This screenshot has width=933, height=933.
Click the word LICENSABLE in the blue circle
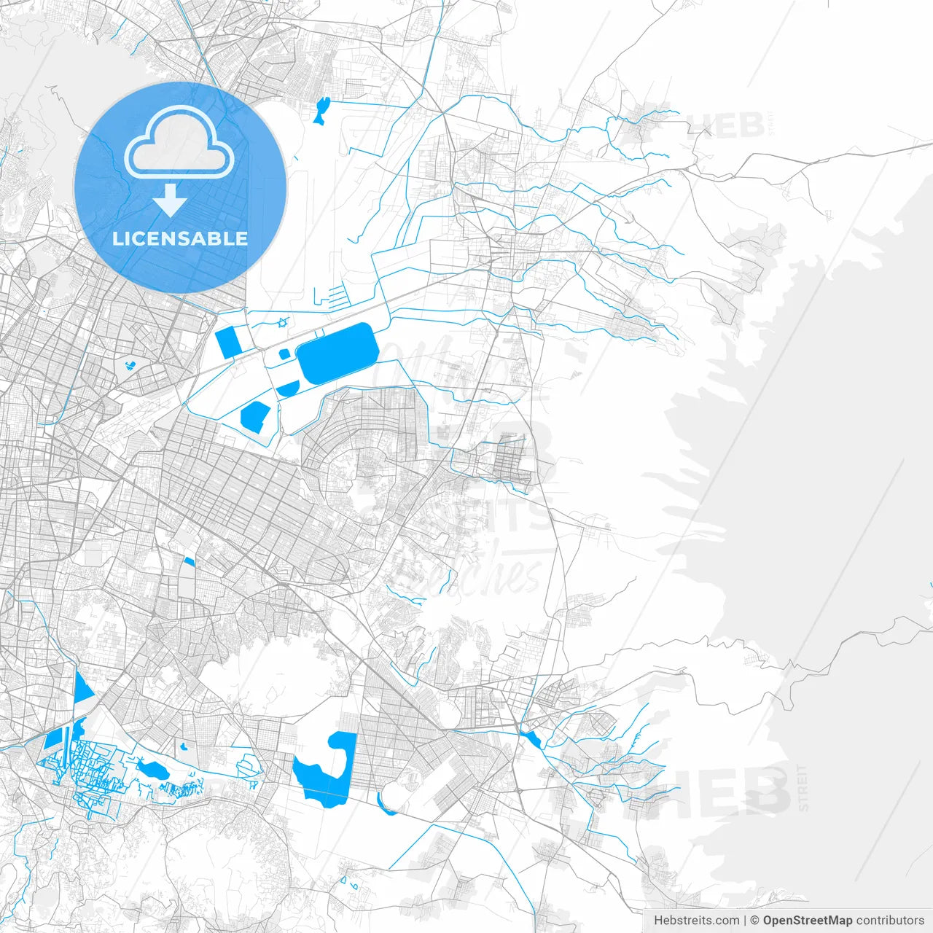(x=180, y=238)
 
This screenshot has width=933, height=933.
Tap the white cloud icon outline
(x=179, y=143)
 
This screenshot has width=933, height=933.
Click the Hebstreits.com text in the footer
(x=696, y=921)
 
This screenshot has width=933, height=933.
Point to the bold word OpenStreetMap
(x=807, y=921)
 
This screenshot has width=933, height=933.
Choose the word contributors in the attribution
(x=890, y=921)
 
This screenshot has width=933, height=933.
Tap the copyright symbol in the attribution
(x=754, y=921)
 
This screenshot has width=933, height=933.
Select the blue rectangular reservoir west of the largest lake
(x=228, y=343)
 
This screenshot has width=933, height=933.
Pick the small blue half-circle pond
(x=288, y=389)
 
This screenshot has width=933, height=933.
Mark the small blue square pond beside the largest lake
(x=284, y=354)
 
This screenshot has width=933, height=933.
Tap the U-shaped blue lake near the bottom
(x=328, y=769)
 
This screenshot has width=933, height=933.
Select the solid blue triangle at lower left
(x=82, y=688)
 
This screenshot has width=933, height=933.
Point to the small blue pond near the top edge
(x=321, y=110)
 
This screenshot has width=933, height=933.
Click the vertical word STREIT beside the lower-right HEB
(x=803, y=788)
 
